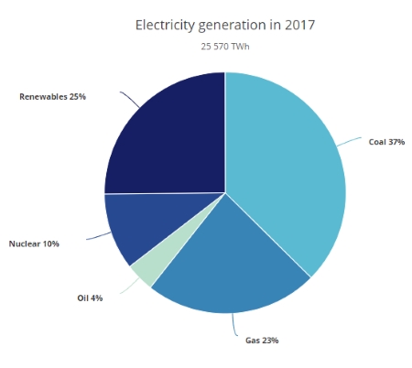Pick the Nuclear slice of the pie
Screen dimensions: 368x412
tap(137, 229)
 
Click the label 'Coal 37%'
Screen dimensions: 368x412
tap(386, 143)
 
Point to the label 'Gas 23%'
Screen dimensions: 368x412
tap(261, 341)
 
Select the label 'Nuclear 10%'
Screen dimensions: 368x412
tap(34, 244)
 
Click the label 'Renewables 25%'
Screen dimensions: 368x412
tap(52, 96)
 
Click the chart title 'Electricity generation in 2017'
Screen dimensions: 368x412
tap(224, 25)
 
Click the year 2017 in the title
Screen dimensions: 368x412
tap(298, 25)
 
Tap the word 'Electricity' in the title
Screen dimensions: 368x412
tap(167, 25)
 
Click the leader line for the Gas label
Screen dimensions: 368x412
tap(237, 325)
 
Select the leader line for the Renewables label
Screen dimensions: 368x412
tap(128, 98)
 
